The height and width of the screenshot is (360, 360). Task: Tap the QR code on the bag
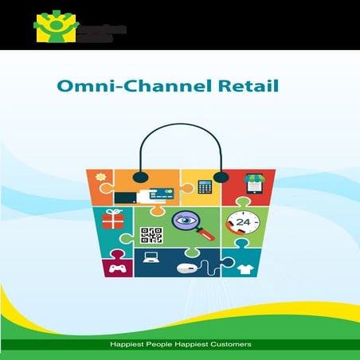click(151, 236)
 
